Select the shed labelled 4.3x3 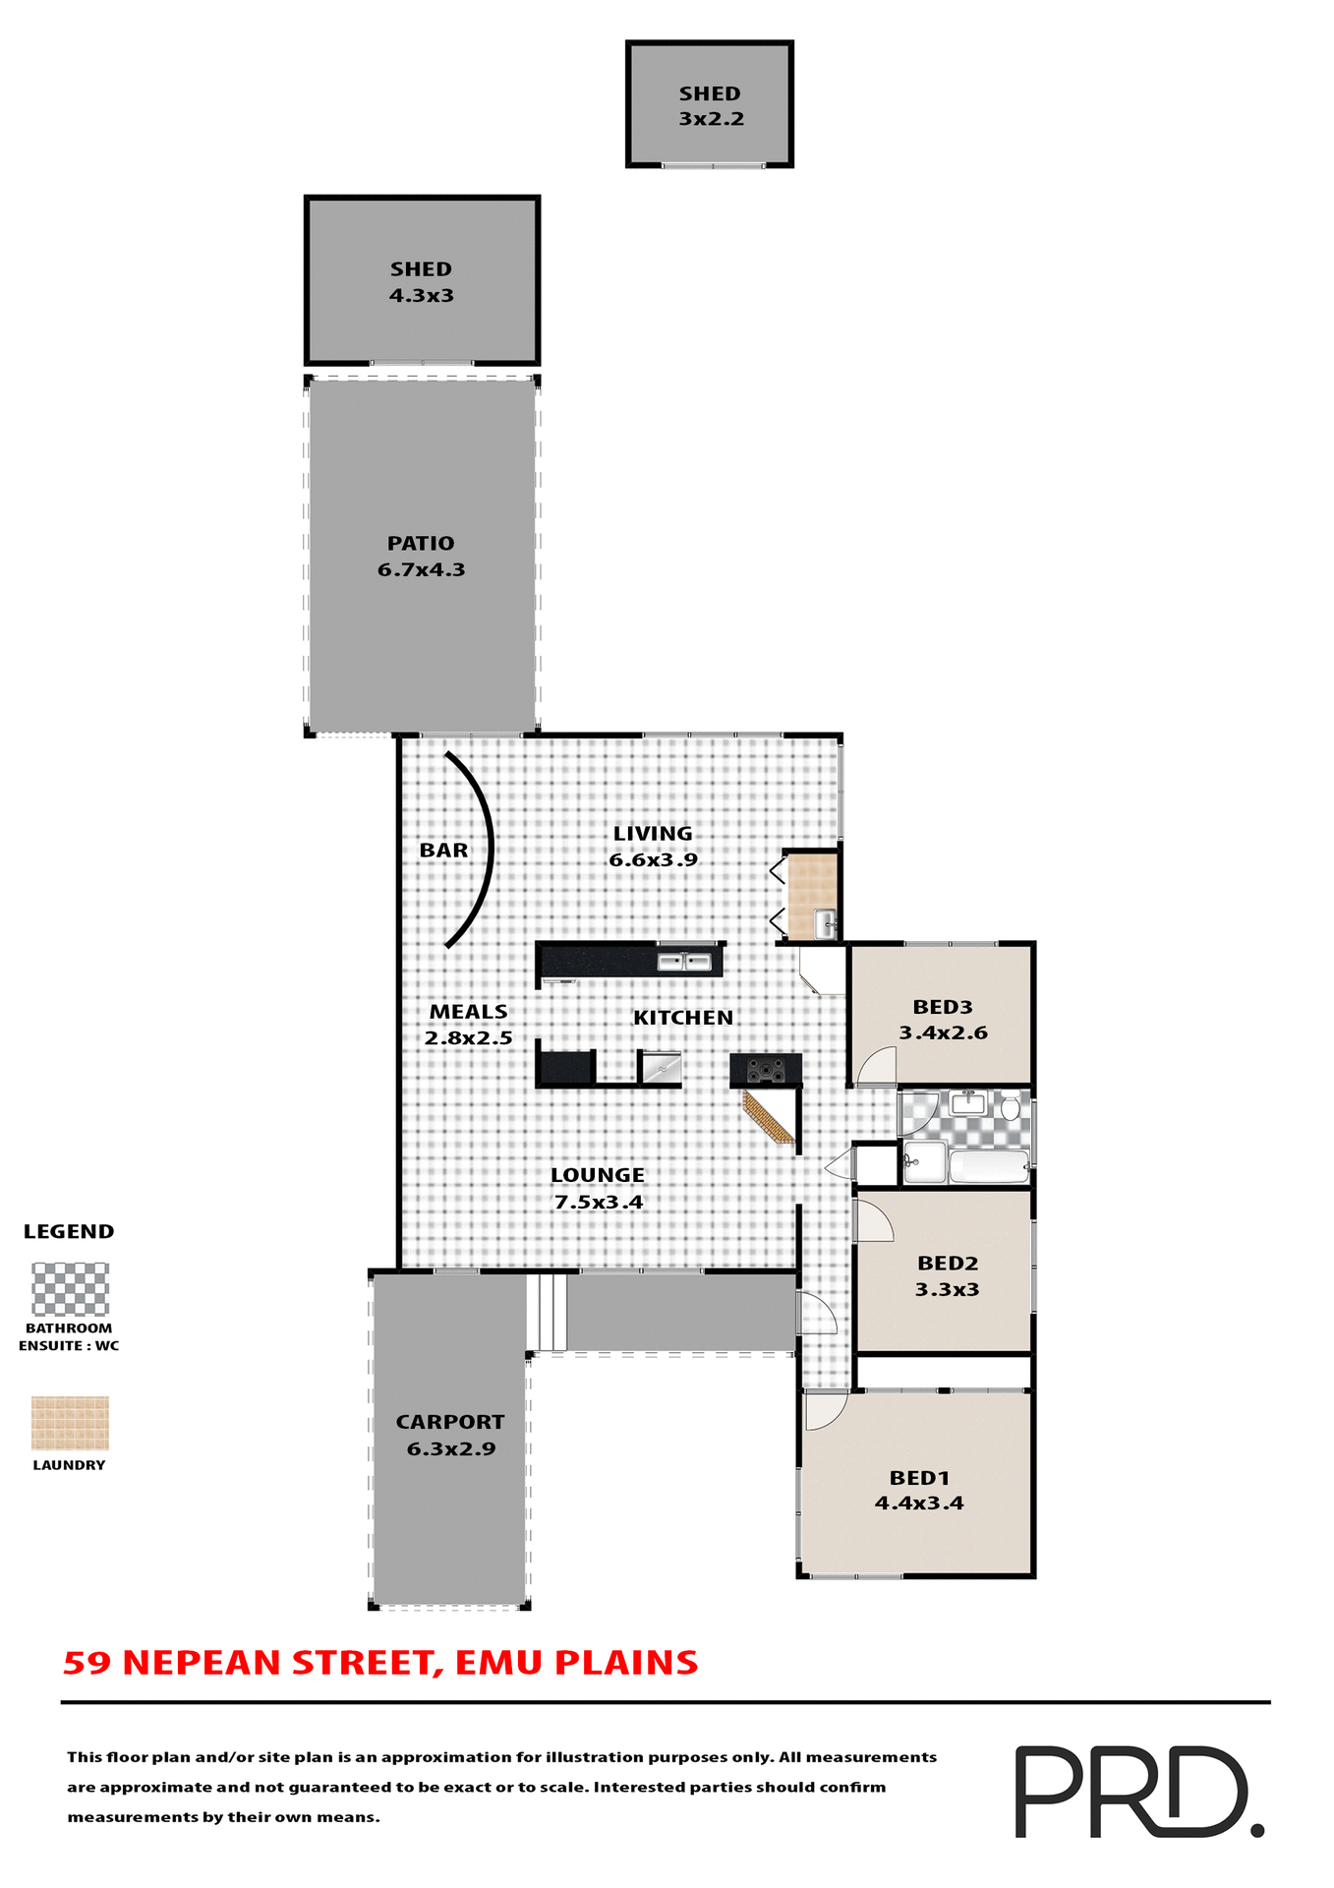point(422,282)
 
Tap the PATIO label point(421,544)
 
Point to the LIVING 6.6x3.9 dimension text point(653,859)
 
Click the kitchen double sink point(684,962)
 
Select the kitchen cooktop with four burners point(766,1070)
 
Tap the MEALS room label point(469,1012)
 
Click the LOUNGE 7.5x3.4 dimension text point(598,1202)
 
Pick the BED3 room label point(942,1007)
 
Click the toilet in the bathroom point(1010,1108)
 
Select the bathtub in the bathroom point(988,1167)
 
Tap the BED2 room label point(947,1264)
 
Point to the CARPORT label point(450,1422)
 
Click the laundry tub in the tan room point(825,924)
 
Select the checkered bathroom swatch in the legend point(70,1289)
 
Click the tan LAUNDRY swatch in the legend point(70,1423)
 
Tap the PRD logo point(1137,1791)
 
